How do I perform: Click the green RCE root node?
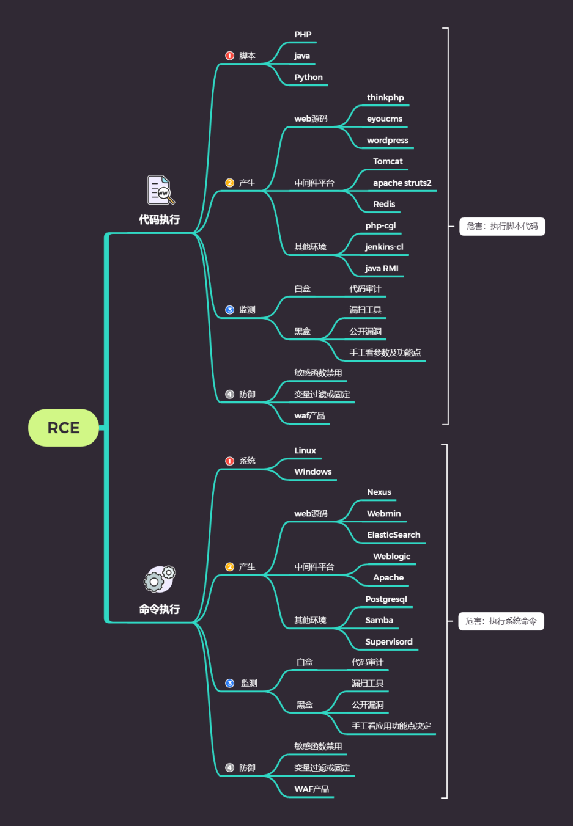pyautogui.click(x=64, y=428)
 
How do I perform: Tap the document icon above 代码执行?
pyautogui.click(x=160, y=190)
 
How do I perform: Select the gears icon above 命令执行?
pyautogui.click(x=160, y=579)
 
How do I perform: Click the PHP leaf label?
pyautogui.click(x=303, y=35)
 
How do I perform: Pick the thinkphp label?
pyautogui.click(x=385, y=98)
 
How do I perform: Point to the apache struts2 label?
pyautogui.click(x=402, y=183)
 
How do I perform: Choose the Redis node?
pyautogui.click(x=384, y=204)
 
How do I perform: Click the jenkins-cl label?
pyautogui.click(x=384, y=247)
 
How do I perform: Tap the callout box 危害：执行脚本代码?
pyautogui.click(x=502, y=227)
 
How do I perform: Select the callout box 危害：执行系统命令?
pyautogui.click(x=501, y=621)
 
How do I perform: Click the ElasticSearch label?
pyautogui.click(x=393, y=535)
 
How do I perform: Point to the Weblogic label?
pyautogui.click(x=391, y=557)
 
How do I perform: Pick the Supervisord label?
pyautogui.click(x=389, y=642)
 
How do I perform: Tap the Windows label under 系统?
pyautogui.click(x=312, y=472)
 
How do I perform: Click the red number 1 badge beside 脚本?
pyautogui.click(x=230, y=56)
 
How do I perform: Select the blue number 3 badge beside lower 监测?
pyautogui.click(x=230, y=684)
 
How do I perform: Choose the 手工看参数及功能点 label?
pyautogui.click(x=385, y=353)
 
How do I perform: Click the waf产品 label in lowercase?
pyautogui.click(x=309, y=416)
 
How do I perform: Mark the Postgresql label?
pyautogui.click(x=386, y=599)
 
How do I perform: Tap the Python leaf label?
pyautogui.click(x=308, y=78)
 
